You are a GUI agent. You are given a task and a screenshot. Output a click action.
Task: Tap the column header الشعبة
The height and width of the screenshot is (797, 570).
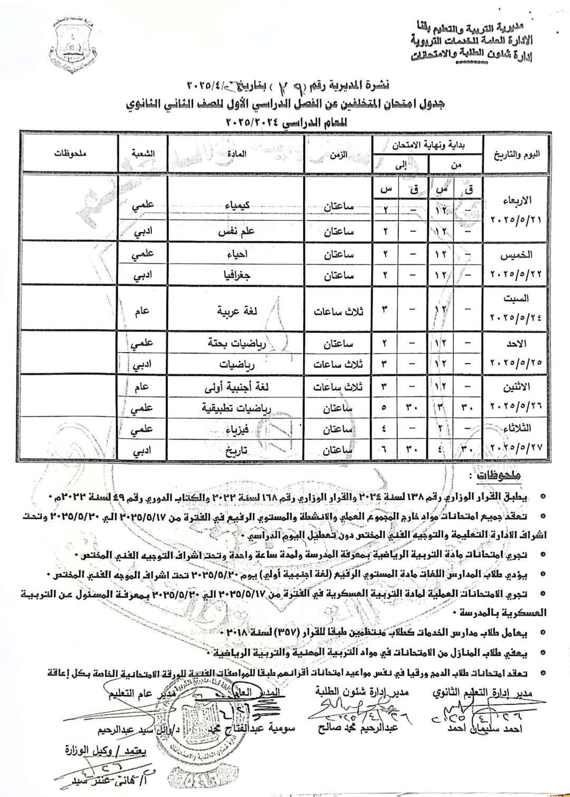[x=142, y=154]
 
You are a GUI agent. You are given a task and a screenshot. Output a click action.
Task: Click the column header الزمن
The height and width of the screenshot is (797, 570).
[x=338, y=154]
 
